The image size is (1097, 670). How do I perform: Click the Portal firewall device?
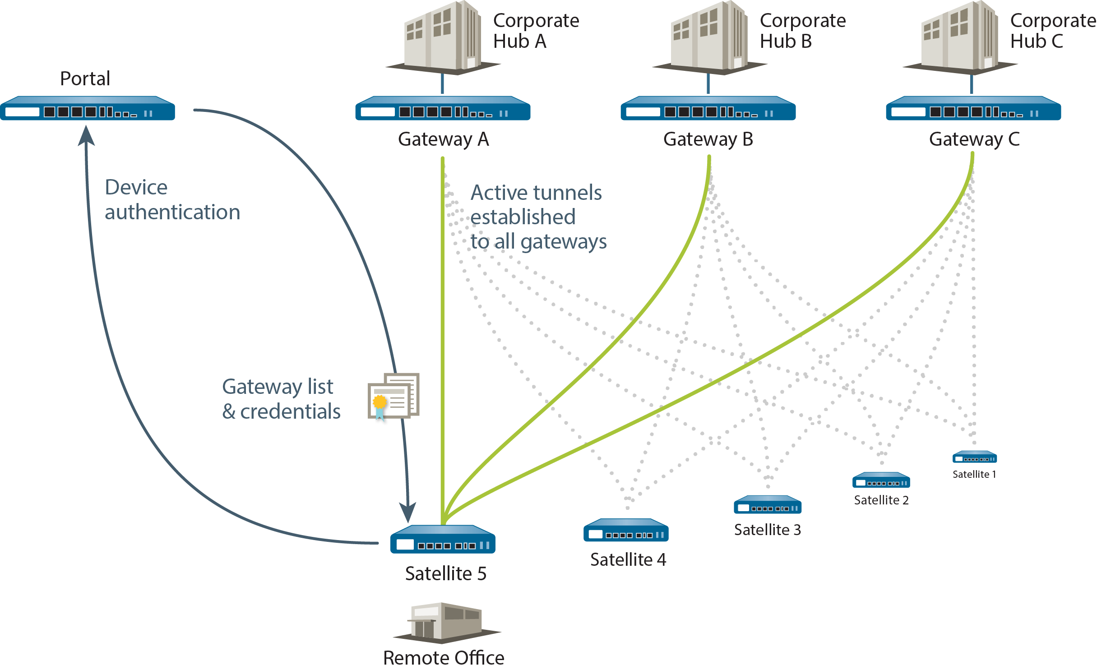click(x=88, y=108)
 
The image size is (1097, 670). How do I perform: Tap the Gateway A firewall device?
click(x=443, y=108)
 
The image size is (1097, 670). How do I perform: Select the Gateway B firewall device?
click(x=708, y=108)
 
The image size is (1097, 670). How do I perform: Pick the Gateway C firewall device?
click(x=973, y=108)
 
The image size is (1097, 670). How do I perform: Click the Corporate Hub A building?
click(x=442, y=38)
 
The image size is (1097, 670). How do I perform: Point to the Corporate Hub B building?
click(x=709, y=38)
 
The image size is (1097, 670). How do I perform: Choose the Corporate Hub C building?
click(x=959, y=38)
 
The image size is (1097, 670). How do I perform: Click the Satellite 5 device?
click(x=443, y=539)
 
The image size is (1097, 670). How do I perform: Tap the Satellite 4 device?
click(x=626, y=530)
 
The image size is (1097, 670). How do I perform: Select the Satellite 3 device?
click(x=768, y=505)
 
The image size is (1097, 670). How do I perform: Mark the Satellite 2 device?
click(x=881, y=480)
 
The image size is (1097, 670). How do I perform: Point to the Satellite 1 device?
click(x=975, y=457)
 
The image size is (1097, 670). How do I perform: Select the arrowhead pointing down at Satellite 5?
click(x=408, y=513)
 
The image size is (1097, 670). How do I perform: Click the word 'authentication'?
click(x=172, y=213)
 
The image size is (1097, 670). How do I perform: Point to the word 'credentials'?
click(x=290, y=411)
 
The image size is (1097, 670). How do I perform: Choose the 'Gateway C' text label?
click(x=974, y=139)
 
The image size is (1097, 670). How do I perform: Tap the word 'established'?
click(x=523, y=217)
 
